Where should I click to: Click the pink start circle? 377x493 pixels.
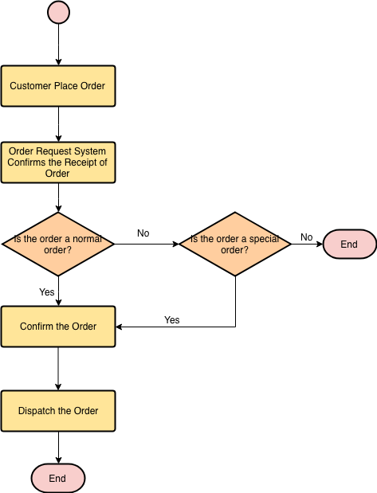coord(58,12)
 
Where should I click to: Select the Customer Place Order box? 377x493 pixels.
coord(58,86)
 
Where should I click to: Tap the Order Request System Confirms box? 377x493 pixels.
coord(58,162)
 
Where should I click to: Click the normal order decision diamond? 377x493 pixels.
coord(58,244)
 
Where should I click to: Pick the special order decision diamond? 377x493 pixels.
coord(235,244)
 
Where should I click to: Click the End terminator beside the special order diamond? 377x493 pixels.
coord(349,244)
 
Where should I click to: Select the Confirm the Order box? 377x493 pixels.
coord(58,327)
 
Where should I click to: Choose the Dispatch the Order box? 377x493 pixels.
coord(58,411)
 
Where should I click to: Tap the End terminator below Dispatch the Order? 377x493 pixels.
coord(58,478)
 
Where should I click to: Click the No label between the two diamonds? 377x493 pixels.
coord(143,233)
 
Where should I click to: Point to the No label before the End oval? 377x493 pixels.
coord(307,237)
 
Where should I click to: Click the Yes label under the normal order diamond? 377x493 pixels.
coord(46,292)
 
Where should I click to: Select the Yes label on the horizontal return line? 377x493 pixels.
coord(172,320)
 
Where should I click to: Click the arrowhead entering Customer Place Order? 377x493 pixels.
coord(58,62)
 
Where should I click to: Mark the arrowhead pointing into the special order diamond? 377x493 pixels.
coord(175,244)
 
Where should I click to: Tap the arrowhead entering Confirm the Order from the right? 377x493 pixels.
coord(119,327)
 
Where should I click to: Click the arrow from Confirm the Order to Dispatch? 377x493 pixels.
coord(58,369)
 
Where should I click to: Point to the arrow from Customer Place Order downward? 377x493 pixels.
coord(58,124)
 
